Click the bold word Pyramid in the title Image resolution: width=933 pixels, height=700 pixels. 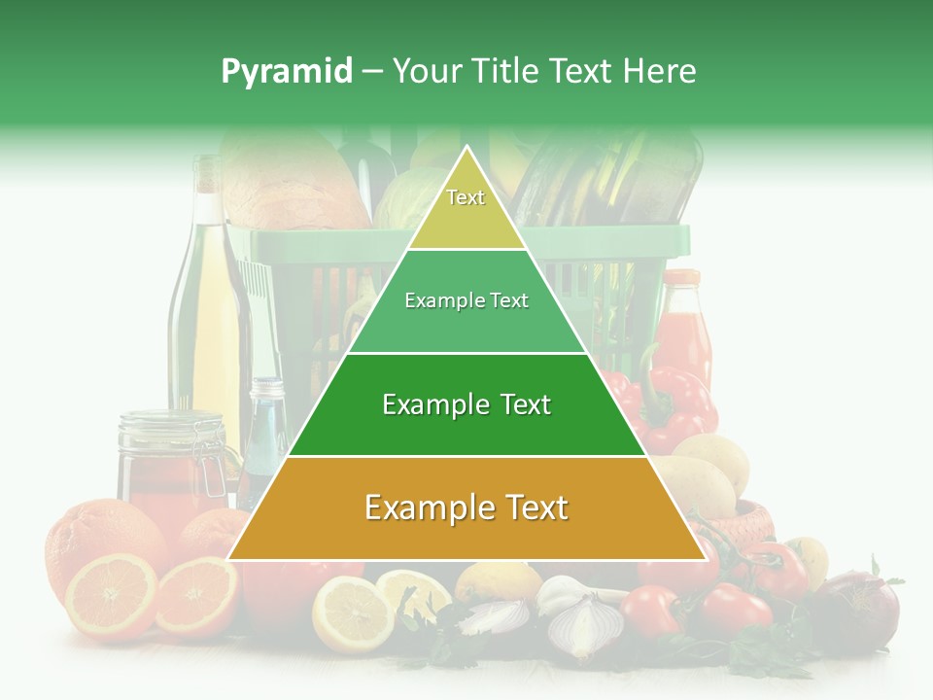[287, 72]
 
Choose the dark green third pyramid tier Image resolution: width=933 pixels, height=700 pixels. [466, 404]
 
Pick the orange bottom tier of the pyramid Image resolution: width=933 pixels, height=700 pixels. [466, 508]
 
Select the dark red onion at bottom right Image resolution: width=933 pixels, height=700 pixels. [860, 608]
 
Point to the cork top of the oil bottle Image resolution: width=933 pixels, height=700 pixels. [208, 172]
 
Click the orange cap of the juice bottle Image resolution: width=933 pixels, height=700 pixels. [681, 278]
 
